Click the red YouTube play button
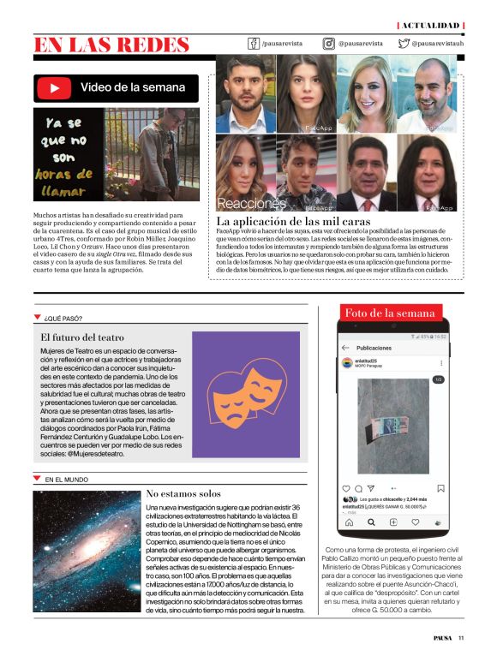[x=57, y=87]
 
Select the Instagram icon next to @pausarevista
[x=328, y=43]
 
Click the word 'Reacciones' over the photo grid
[x=251, y=204]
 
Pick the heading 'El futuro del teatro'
[x=82, y=337]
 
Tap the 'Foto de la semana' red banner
[x=391, y=313]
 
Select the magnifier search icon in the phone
[x=371, y=522]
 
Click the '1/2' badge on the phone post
[x=438, y=379]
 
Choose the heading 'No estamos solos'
[x=183, y=493]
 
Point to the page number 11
[x=461, y=637]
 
